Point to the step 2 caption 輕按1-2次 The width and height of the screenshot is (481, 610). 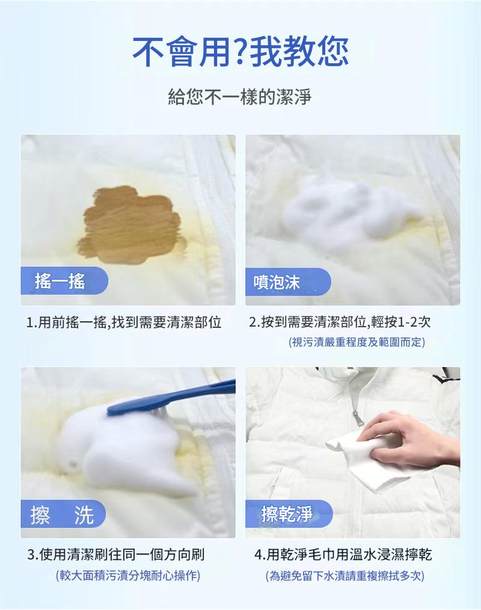pyautogui.click(x=340, y=322)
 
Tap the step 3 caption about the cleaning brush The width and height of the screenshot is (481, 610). pyautogui.click(x=120, y=554)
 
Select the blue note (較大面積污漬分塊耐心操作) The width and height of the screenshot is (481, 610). pyautogui.click(x=127, y=576)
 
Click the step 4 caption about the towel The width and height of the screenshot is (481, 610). pyautogui.click(x=343, y=554)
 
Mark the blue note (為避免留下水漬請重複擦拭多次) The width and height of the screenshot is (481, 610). pyautogui.click(x=345, y=576)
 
